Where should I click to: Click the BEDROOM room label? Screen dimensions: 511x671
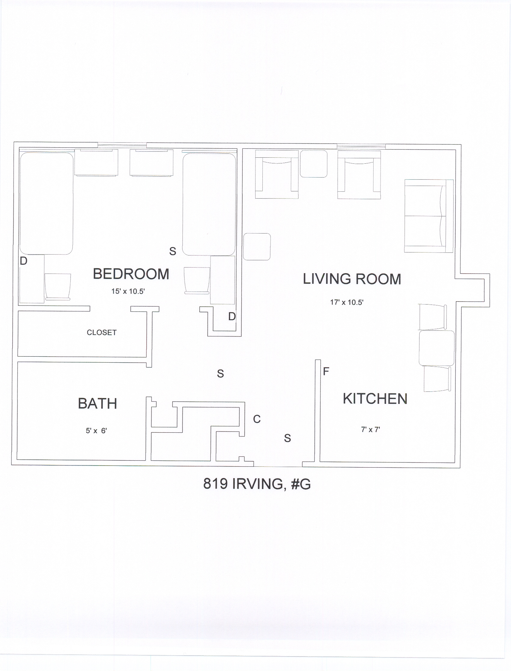click(x=131, y=274)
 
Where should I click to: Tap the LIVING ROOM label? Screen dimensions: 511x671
click(x=352, y=279)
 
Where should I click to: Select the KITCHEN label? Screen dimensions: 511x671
click(x=375, y=399)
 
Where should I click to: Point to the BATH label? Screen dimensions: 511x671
click(x=97, y=404)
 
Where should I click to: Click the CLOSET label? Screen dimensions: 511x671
click(x=102, y=332)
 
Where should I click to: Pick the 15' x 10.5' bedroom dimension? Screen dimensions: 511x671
click(x=128, y=291)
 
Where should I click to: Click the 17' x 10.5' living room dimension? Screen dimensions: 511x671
click(x=347, y=302)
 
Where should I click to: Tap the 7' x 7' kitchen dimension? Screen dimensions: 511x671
click(x=370, y=430)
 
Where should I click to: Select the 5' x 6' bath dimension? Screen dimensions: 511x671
click(x=96, y=431)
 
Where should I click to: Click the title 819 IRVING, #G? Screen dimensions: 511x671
click(x=257, y=484)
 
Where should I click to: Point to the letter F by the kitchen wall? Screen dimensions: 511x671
click(x=326, y=371)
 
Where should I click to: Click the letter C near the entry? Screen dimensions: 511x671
click(x=257, y=419)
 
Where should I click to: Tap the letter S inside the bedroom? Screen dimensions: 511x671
click(x=173, y=251)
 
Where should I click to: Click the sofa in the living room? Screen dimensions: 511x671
click(x=429, y=216)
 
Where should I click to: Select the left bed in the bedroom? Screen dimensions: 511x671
click(x=47, y=203)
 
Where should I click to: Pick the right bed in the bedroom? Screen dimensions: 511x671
click(x=209, y=204)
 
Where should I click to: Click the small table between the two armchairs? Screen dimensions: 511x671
click(x=314, y=164)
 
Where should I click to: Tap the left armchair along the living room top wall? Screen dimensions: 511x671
click(x=277, y=174)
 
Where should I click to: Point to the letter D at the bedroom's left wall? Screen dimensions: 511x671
click(x=23, y=261)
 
